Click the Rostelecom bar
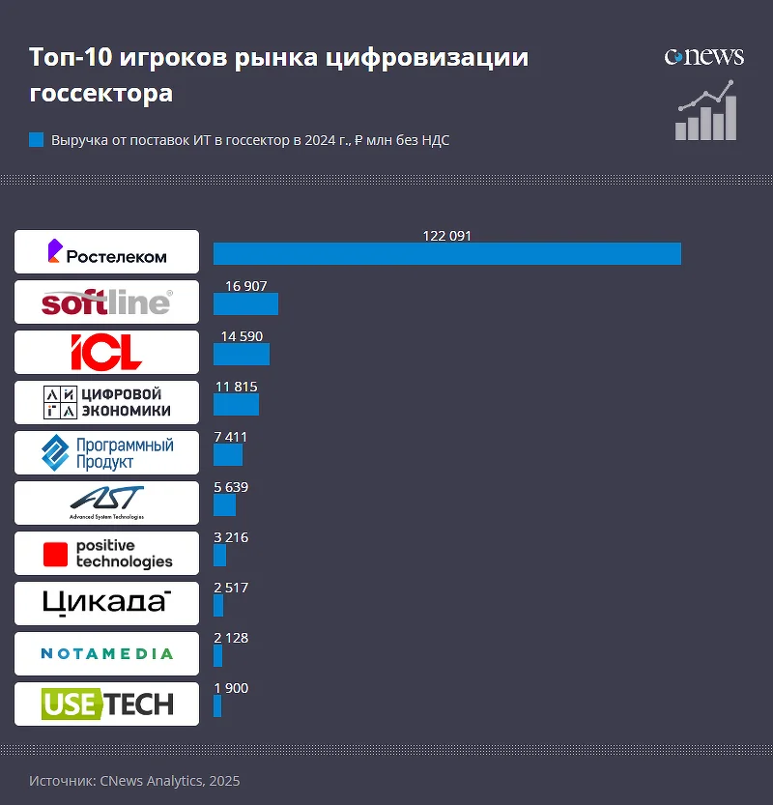[x=446, y=253]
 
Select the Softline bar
[x=245, y=303]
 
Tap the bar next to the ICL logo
[x=241, y=354]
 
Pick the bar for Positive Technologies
[x=219, y=555]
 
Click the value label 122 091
[x=446, y=235]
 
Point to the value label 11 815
[x=237, y=387]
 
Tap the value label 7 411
[x=231, y=437]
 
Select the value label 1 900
[x=231, y=688]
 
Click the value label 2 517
[x=231, y=588]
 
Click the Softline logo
[x=106, y=302]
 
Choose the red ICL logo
[x=106, y=352]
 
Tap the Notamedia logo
[x=106, y=653]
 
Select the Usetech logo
[x=106, y=704]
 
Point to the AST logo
[x=106, y=503]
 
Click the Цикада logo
[x=106, y=603]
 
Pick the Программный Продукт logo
[x=106, y=452]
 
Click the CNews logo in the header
[x=703, y=57]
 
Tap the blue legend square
[x=37, y=140]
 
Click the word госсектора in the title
[x=100, y=94]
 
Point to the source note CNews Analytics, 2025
[x=134, y=780]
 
